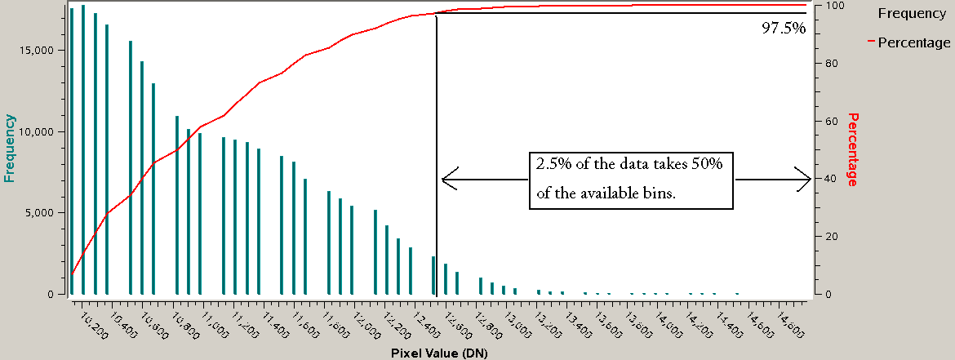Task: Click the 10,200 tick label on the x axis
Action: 94,322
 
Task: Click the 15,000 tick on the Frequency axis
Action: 37,50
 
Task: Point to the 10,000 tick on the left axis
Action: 37,131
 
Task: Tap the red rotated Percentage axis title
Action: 854,149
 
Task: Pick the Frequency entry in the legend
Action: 911,13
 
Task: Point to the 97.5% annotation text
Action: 784,29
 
